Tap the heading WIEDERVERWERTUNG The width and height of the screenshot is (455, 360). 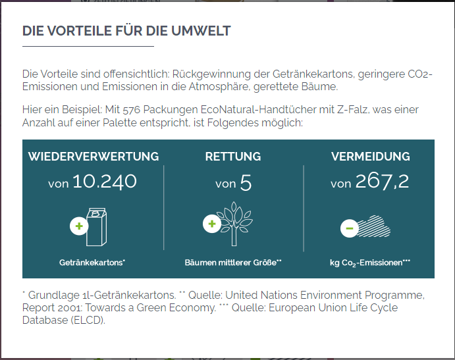click(x=94, y=157)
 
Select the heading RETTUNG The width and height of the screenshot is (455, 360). click(x=233, y=157)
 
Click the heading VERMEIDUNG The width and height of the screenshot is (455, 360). click(x=370, y=157)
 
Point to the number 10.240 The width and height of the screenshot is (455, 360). click(x=105, y=182)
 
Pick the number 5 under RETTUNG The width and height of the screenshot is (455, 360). click(x=246, y=182)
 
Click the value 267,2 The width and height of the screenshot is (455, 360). click(x=382, y=182)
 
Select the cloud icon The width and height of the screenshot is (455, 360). click(x=372, y=225)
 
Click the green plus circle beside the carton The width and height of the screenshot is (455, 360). click(x=79, y=226)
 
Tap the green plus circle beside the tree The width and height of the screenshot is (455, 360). click(x=212, y=224)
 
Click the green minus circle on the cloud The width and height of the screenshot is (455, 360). click(x=349, y=228)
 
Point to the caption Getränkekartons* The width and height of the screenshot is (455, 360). click(x=92, y=262)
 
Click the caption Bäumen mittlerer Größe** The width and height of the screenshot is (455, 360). click(x=233, y=262)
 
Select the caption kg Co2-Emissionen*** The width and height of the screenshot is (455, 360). click(x=370, y=263)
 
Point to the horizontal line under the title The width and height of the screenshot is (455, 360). click(x=88, y=47)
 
